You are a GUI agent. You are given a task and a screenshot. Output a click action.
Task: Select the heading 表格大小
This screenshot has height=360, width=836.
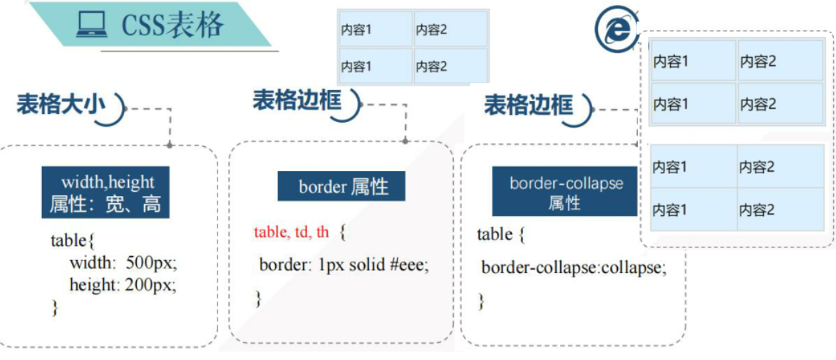tap(61, 104)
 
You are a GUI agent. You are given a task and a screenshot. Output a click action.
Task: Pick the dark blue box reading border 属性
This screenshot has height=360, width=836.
tap(341, 187)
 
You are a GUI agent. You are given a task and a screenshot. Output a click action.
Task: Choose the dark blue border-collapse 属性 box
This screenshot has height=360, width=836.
tap(565, 192)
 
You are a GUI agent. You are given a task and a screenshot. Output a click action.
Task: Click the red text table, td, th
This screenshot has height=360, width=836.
tap(291, 232)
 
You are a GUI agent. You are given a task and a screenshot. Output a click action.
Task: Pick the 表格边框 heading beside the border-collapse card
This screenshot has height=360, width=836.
tap(529, 105)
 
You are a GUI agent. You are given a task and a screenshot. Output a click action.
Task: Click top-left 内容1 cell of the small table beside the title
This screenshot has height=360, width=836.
tap(376, 29)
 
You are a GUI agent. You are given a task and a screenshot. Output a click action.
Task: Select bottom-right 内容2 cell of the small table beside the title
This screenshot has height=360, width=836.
tap(450, 66)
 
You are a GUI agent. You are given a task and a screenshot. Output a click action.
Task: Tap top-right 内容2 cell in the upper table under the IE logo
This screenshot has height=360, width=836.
tap(780, 61)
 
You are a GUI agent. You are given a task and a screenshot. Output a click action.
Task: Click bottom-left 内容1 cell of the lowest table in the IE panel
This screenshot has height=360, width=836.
tap(693, 210)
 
